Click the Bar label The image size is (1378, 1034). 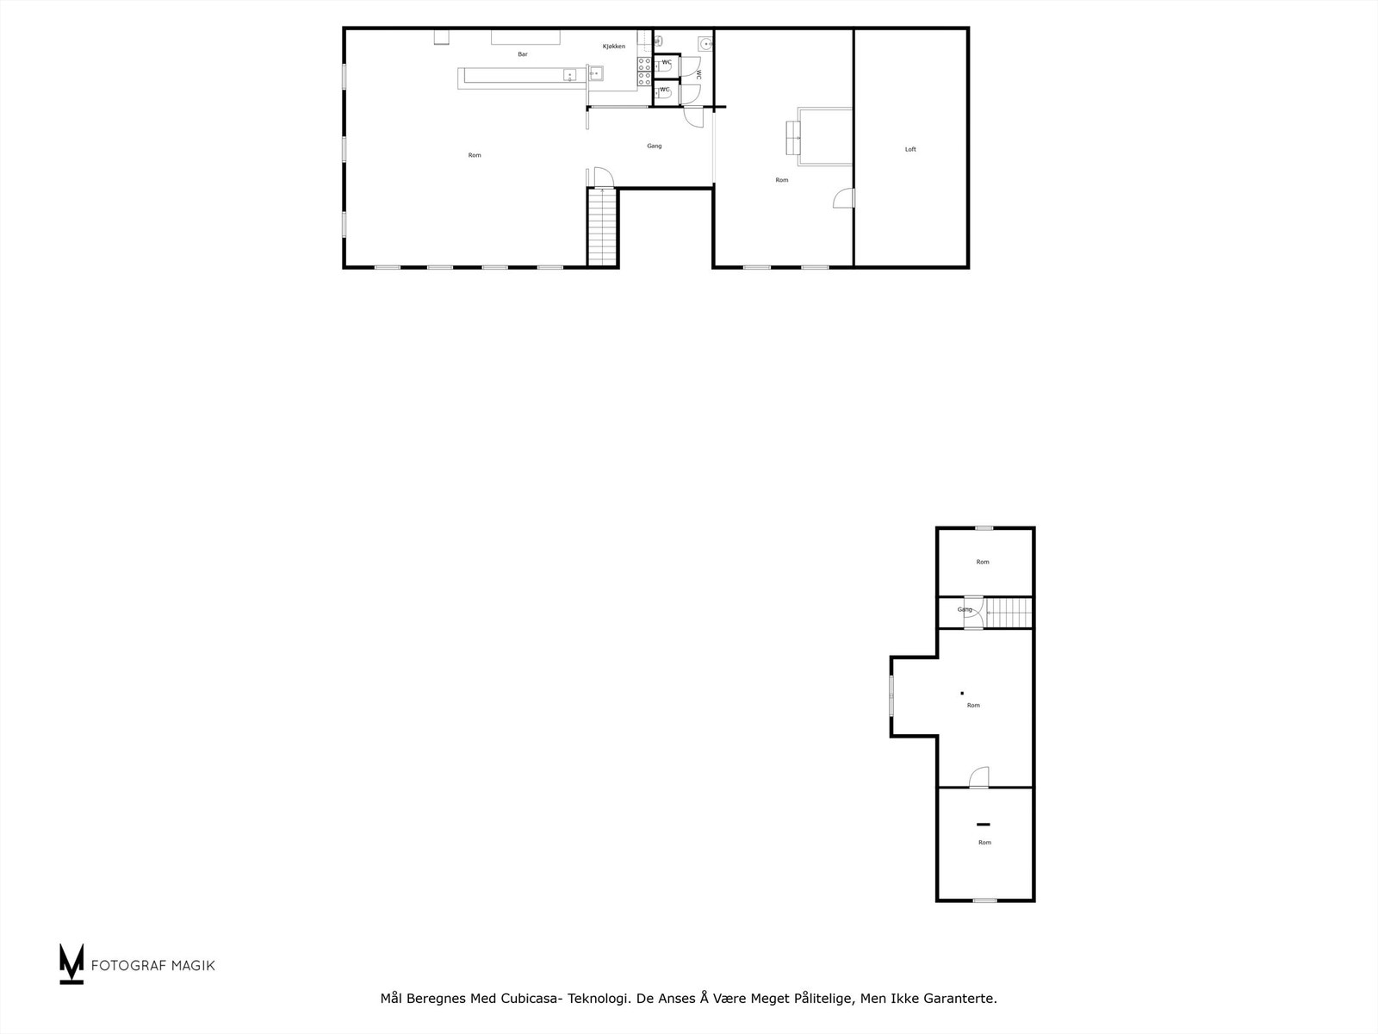[523, 54]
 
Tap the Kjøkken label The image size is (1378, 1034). [614, 47]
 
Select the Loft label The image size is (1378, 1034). [910, 150]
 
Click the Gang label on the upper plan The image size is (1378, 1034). [655, 146]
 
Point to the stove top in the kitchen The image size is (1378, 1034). [644, 72]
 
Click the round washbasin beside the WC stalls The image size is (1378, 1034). [705, 44]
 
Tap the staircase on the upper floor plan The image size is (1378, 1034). [603, 227]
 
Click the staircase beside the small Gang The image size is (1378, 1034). [1009, 613]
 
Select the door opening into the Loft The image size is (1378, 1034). [844, 198]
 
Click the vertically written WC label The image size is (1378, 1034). [698, 75]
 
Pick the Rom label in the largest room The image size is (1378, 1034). [475, 155]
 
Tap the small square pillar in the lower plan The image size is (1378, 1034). [962, 692]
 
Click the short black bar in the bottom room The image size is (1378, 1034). [983, 825]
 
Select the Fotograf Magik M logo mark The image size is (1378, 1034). [71, 963]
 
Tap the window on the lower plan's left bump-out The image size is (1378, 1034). [891, 695]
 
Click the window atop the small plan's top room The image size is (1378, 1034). [984, 528]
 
